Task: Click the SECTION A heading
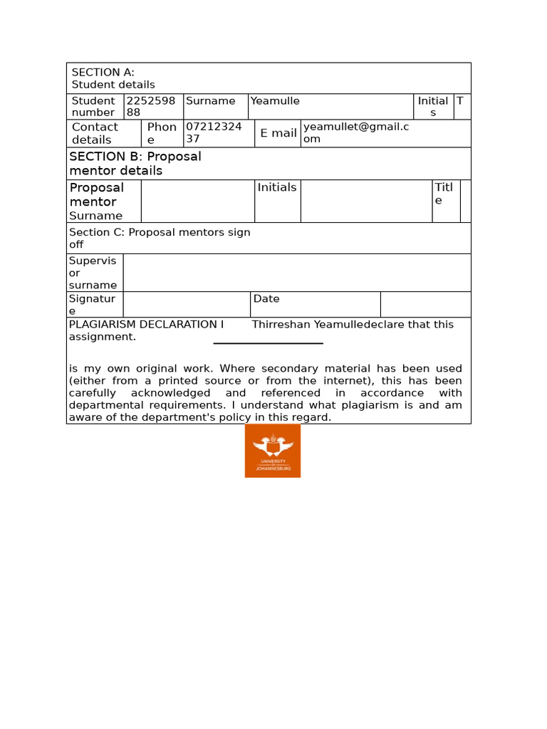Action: tap(103, 72)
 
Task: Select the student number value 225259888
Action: tap(150, 107)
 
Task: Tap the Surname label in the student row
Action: tap(210, 101)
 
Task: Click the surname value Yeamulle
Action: tap(275, 101)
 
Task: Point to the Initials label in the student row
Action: tap(432, 107)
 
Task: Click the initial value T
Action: tap(460, 101)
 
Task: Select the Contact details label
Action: tap(95, 133)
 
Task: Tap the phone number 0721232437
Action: tap(214, 133)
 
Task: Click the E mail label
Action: tap(278, 133)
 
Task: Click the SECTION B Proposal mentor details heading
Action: tap(135, 163)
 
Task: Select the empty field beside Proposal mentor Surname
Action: tap(197, 201)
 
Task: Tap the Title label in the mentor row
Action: tap(443, 194)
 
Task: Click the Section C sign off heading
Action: tap(160, 238)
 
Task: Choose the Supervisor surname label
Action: tap(93, 273)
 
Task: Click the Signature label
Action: tap(92, 305)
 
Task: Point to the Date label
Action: tap(266, 299)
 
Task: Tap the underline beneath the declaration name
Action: tap(269, 343)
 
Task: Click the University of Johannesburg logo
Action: tap(273, 451)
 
